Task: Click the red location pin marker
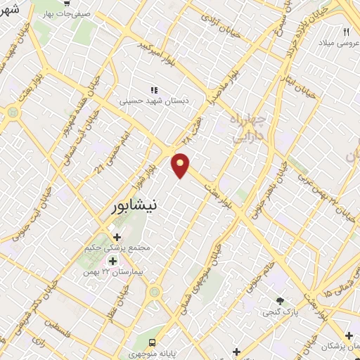(x=181, y=165)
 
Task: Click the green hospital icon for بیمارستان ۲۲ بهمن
(x=112, y=261)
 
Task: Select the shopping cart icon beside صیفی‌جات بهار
(x=66, y=4)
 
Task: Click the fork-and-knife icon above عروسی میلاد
(x=346, y=32)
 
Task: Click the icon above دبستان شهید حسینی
(x=154, y=90)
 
